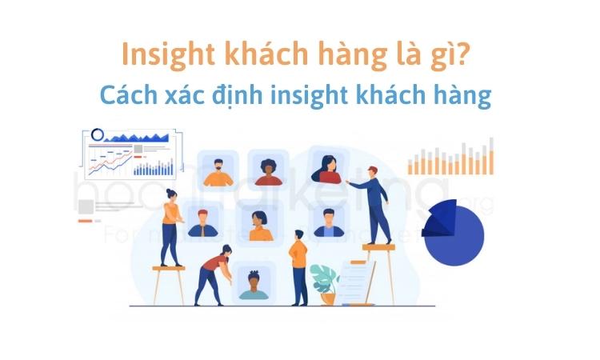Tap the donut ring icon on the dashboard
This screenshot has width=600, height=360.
[98, 134]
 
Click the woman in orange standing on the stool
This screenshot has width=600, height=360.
[170, 228]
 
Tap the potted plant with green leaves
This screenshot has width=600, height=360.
[325, 282]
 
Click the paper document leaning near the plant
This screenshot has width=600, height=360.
[356, 282]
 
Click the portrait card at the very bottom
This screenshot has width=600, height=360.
[254, 282]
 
